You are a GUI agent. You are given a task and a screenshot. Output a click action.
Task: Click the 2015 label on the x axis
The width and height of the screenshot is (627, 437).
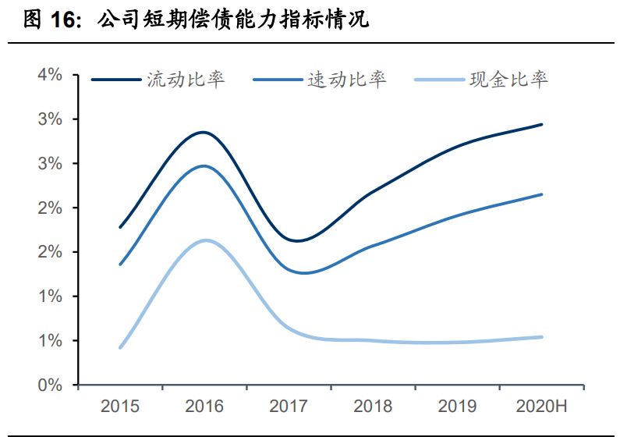tap(120, 407)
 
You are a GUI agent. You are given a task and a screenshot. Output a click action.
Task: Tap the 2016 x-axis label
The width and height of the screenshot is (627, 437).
tap(204, 407)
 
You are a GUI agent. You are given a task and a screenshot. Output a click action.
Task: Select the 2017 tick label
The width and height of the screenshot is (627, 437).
tap(289, 407)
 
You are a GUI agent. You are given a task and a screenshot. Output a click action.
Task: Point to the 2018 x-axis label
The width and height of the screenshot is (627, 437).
tap(373, 407)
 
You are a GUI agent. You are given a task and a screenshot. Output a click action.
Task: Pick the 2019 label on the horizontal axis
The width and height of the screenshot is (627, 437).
tap(457, 407)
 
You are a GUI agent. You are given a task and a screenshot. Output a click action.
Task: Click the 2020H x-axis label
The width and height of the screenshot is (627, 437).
tap(541, 407)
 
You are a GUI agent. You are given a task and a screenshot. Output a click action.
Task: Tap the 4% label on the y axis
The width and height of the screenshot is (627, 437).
tap(49, 75)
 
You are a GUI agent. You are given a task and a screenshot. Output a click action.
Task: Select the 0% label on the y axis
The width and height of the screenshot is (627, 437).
tap(49, 385)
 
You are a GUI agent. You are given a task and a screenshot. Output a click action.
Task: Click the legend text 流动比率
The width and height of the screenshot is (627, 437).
tap(186, 80)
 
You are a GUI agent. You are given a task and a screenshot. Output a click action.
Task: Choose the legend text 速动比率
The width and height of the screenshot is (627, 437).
tap(347, 80)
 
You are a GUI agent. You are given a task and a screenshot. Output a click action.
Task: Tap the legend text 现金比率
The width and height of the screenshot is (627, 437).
tap(508, 80)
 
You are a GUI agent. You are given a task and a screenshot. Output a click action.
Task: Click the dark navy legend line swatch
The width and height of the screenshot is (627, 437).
tap(115, 80)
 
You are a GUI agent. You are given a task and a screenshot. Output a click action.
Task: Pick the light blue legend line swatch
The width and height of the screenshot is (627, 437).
tap(437, 80)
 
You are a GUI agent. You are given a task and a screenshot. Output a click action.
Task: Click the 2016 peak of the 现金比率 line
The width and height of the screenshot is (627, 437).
tap(204, 240)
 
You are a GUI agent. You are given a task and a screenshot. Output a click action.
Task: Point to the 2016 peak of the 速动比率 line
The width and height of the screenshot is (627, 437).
tap(204, 166)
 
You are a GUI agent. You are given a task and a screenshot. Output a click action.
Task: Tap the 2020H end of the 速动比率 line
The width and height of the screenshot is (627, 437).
tap(541, 194)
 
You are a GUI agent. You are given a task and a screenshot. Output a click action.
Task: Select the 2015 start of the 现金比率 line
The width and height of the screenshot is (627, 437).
tap(120, 347)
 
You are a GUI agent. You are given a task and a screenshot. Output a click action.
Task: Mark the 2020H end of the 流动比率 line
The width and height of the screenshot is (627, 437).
tap(541, 124)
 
